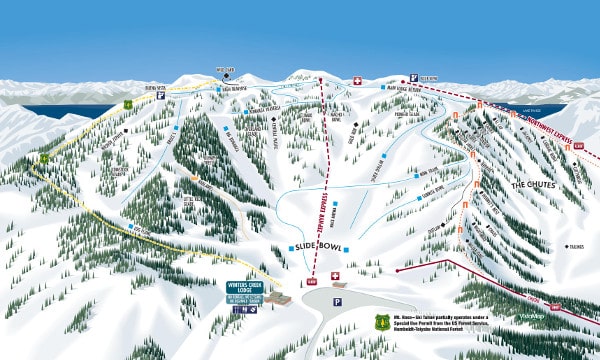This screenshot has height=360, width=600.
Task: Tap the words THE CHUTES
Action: click(x=538, y=185)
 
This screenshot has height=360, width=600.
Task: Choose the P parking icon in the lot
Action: click(x=337, y=301)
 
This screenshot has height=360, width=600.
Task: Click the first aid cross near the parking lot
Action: click(x=335, y=274)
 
